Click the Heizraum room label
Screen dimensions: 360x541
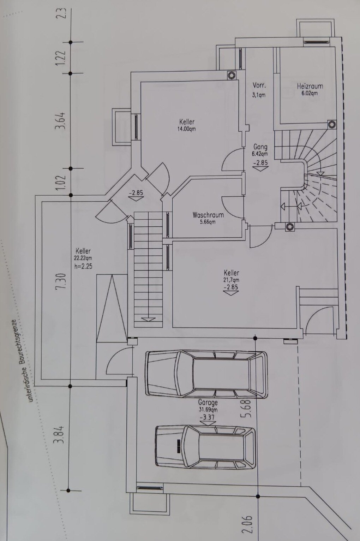[x=310, y=86]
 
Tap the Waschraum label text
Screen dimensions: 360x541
[x=208, y=215]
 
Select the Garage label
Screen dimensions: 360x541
[x=208, y=402]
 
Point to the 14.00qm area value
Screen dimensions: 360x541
[x=187, y=129]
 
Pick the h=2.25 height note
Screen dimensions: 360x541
[x=83, y=266]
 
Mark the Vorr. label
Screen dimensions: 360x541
[x=259, y=85]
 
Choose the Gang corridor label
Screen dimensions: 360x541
[x=260, y=147]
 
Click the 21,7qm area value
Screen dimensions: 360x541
[x=231, y=280]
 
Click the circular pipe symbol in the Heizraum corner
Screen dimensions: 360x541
[x=332, y=125]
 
